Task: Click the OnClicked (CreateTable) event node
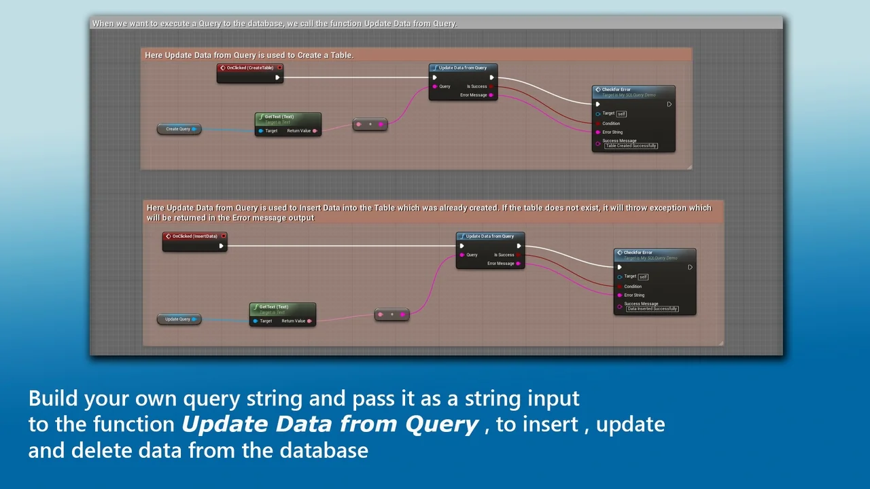tap(249, 68)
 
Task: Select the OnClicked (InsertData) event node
tap(194, 236)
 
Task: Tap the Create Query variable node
tap(179, 129)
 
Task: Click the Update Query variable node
tap(179, 319)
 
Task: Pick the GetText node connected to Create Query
tap(288, 117)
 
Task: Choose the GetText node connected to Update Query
tap(282, 307)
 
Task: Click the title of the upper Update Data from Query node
tap(463, 68)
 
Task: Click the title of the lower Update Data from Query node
tap(490, 236)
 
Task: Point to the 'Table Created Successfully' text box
tap(631, 146)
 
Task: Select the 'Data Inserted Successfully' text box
tap(652, 309)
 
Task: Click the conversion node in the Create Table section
tap(370, 124)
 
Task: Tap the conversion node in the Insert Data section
tap(391, 314)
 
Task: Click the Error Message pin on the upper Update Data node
tap(491, 95)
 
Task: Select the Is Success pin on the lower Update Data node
tap(519, 255)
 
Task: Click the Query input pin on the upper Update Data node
tap(435, 86)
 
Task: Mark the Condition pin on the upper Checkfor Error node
tap(598, 124)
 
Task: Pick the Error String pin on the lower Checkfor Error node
tap(619, 295)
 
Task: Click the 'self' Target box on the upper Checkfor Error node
tap(621, 114)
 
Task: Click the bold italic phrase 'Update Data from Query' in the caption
tap(330, 424)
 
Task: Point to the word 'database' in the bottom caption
tap(321, 450)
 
